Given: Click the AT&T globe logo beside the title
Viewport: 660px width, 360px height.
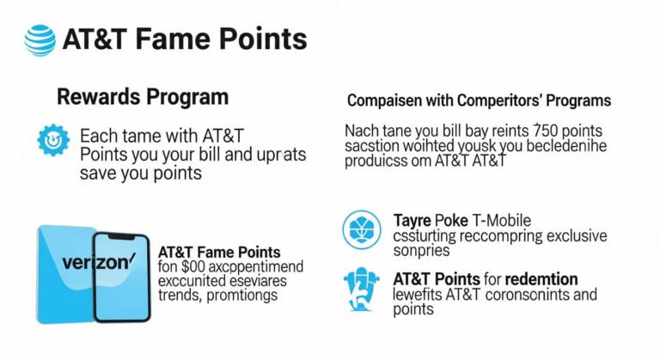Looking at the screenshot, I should (x=40, y=40).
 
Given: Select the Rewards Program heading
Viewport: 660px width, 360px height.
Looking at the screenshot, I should (x=143, y=96).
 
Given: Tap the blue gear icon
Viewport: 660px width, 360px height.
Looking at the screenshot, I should (x=52, y=139).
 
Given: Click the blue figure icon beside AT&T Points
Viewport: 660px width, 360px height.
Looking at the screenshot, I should (x=361, y=288).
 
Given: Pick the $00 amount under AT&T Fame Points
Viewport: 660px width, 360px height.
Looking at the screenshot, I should (x=192, y=267).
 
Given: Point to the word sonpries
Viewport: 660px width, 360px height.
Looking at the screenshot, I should (x=422, y=250).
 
